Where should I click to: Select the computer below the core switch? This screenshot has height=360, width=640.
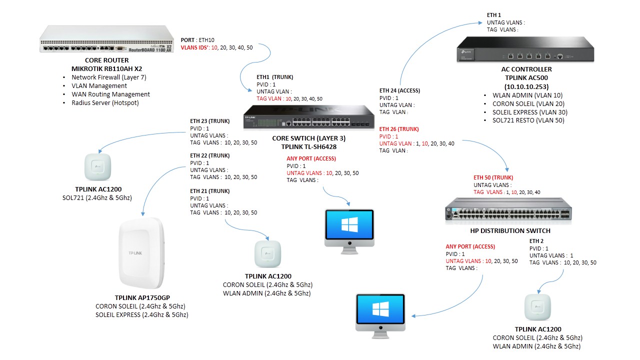349,228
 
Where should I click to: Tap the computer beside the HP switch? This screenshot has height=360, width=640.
380,315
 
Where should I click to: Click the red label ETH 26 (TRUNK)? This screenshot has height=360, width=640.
399,129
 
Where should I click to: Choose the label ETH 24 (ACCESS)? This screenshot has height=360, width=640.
399,91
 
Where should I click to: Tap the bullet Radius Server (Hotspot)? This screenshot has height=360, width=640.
105,103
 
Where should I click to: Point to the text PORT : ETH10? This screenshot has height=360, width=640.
198,39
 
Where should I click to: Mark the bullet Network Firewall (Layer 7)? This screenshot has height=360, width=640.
108,77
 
